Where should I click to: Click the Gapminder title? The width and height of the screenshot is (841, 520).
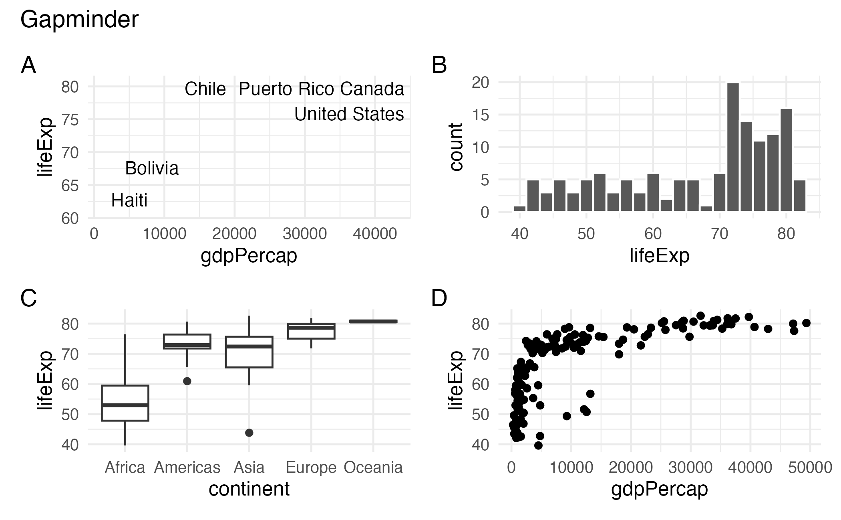click(x=79, y=19)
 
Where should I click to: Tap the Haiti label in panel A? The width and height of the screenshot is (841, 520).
click(x=129, y=200)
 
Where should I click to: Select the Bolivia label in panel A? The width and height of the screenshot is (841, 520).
click(x=152, y=168)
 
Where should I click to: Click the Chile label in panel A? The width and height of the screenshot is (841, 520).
click(x=205, y=89)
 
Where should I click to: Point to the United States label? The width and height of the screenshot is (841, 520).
click(x=349, y=114)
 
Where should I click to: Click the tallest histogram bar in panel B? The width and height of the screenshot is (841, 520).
click(x=733, y=147)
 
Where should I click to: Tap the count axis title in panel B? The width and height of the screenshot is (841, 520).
click(x=456, y=147)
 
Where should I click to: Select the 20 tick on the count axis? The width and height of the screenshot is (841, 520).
click(x=481, y=83)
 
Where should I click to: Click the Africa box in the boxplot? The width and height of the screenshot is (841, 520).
click(x=125, y=403)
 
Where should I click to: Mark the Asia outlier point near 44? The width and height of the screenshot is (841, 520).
click(x=249, y=433)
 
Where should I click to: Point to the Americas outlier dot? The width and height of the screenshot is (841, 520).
click(x=187, y=381)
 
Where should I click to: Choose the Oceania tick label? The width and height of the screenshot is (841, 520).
click(x=373, y=467)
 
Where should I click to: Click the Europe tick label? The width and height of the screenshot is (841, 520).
click(x=311, y=467)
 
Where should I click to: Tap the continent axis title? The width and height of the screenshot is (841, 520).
click(x=249, y=489)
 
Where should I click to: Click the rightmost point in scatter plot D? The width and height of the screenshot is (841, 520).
click(x=806, y=323)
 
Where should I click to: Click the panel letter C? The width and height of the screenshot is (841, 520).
click(x=28, y=298)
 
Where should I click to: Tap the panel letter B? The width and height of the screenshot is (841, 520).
click(x=439, y=65)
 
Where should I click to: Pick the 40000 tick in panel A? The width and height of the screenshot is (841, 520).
click(x=375, y=234)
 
